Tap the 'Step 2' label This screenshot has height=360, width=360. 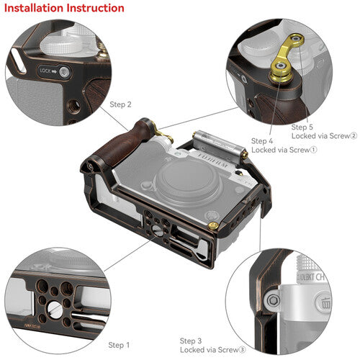(x=120, y=104)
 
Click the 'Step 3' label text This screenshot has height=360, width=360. (x=191, y=341)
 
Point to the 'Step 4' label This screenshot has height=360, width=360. (x=262, y=140)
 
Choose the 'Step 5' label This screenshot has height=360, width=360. (x=303, y=127)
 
